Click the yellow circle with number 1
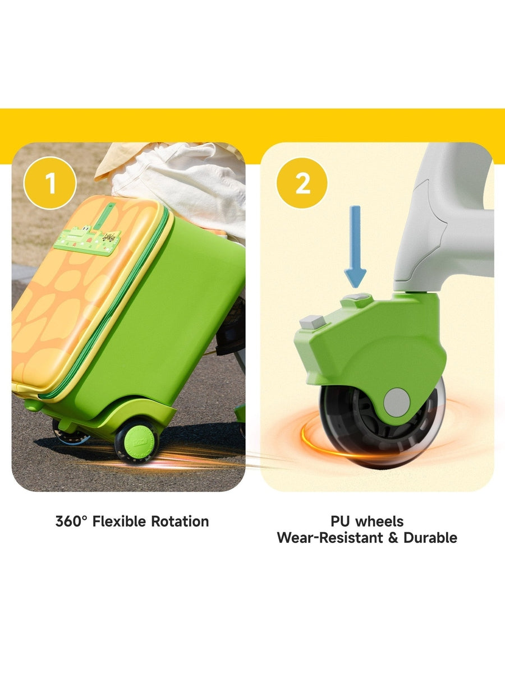[x=50, y=183]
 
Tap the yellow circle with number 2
[x=302, y=183]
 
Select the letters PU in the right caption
[x=340, y=522]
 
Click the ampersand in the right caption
[x=394, y=538]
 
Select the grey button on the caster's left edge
[x=310, y=322]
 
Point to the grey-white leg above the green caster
[x=443, y=236]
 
